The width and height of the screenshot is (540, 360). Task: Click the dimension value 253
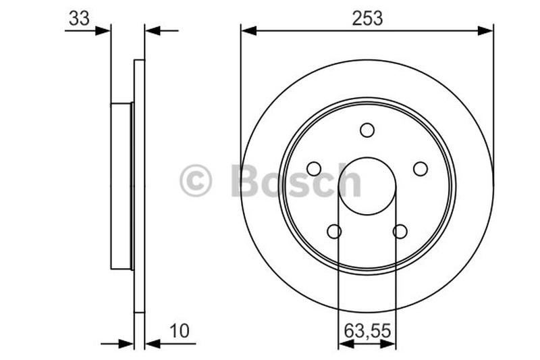coord(367,18)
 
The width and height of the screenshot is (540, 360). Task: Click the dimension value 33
coord(79,18)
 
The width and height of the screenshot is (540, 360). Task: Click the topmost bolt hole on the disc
coord(367,130)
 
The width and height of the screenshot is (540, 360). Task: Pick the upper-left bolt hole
coord(314,168)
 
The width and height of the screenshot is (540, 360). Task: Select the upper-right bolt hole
coord(421,168)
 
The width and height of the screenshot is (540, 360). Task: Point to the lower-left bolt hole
coord(334,232)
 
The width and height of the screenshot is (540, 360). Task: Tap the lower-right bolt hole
coord(400,232)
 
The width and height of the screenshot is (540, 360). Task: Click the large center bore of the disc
coord(367,186)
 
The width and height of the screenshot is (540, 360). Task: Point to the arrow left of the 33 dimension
coord(103,30)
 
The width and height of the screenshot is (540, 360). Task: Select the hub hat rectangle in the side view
coord(122,186)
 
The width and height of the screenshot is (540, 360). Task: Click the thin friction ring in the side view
coord(140,186)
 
